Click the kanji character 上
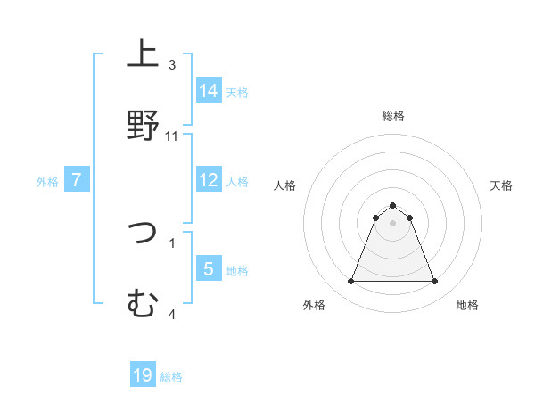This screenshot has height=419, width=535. tap(143, 55)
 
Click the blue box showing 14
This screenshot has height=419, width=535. tap(209, 90)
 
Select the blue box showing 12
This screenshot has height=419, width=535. tap(209, 180)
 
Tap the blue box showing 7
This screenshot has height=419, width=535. tap(77, 180)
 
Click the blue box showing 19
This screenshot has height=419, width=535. tap(143, 375)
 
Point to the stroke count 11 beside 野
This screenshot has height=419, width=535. tap(172, 136)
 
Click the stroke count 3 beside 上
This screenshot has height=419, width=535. tap(172, 65)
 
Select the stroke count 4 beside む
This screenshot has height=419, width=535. tap(172, 314)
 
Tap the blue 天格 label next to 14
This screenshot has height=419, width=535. tap(237, 92)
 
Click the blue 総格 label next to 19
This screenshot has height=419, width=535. tap(171, 377)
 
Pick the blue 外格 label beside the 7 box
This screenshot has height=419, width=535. tap(47, 182)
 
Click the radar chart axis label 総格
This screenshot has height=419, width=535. tap(392, 116)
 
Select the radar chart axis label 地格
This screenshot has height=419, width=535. tap(467, 305)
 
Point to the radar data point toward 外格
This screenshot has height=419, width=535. tap(350, 282)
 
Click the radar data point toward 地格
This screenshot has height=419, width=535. tap(434, 282)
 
